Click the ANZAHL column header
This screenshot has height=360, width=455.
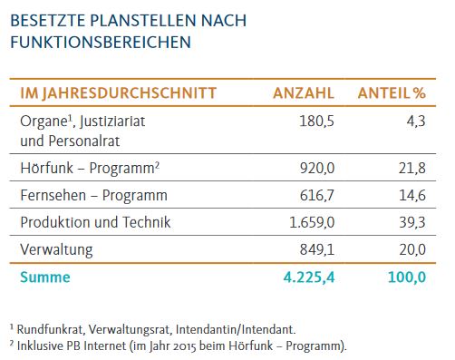[304, 92]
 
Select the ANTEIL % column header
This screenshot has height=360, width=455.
[392, 92]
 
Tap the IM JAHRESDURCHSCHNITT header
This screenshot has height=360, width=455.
[118, 93]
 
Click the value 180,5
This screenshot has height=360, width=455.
[316, 122]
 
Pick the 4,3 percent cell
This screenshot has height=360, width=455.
[416, 122]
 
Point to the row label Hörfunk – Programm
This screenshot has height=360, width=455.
[90, 168]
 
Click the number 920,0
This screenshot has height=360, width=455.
[317, 168]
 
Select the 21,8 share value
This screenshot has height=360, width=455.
[412, 168]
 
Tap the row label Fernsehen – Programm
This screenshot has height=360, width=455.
[93, 195]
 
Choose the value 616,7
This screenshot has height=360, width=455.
[317, 195]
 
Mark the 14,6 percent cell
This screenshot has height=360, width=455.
[412, 195]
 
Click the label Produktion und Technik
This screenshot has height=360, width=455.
[95, 222]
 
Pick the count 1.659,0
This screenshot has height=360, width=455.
[312, 222]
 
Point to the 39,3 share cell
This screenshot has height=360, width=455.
[412, 222]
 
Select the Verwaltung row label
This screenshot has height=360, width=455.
[56, 250]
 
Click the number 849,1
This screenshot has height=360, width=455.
[317, 249]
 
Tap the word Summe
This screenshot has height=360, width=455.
[45, 277]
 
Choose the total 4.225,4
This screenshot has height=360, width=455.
[309, 277]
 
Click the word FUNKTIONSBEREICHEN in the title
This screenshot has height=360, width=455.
[101, 42]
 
